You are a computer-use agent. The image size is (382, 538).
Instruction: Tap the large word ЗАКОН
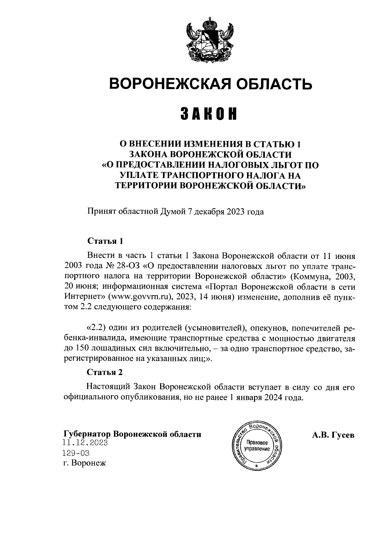pyautogui.click(x=209, y=114)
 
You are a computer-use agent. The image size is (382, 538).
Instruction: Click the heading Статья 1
pyautogui.click(x=105, y=241)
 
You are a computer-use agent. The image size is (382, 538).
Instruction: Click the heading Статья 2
pyautogui.click(x=105, y=372)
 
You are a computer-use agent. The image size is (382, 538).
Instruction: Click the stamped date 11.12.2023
pyautogui.click(x=85, y=443)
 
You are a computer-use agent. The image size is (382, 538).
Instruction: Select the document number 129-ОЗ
pyautogui.click(x=76, y=453)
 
